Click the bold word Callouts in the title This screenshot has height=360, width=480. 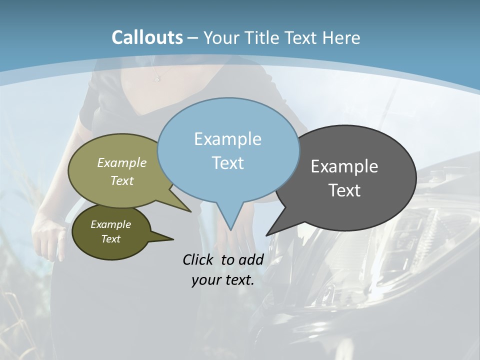pos(147,37)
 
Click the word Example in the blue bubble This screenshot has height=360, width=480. pos(227,139)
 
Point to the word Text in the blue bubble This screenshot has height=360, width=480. pos(227,163)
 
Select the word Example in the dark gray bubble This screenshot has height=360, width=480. pos(344,166)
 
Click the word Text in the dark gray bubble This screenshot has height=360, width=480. pos(344,190)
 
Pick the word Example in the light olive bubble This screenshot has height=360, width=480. pos(122,162)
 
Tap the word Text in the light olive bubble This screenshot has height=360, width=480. pos(122,180)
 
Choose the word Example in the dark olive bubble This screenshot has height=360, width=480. pos(110,224)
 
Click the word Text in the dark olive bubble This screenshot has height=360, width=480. pos(110,239)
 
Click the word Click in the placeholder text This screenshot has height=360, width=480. pos(198,259)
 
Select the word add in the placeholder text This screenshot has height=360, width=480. pos(251,259)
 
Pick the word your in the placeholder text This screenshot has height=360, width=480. pos(205,280)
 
